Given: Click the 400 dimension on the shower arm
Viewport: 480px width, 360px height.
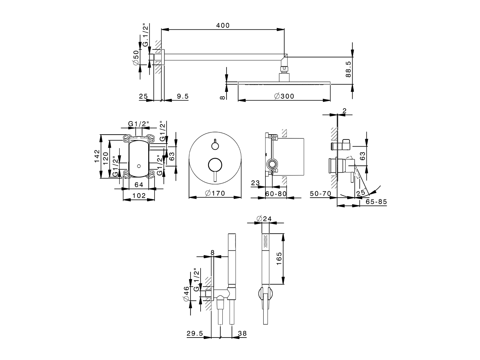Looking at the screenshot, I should tap(222, 25).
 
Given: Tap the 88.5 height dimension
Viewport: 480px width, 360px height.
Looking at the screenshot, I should tap(348, 69).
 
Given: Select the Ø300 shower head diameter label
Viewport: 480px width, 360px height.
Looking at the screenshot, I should tap(284, 96).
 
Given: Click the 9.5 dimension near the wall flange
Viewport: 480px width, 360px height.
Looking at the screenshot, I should tap(182, 96).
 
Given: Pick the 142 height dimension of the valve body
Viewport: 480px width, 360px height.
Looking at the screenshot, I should tap(96, 157).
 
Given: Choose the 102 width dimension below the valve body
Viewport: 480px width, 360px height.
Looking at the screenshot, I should tap(139, 195).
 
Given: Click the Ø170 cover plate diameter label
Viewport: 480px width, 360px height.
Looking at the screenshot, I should tap(215, 193).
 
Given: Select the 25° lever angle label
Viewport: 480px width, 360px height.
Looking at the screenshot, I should tap(361, 193).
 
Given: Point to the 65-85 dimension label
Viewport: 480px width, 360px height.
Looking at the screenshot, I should tap(376, 202).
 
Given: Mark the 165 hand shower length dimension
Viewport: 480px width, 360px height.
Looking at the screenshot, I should tap(279, 259).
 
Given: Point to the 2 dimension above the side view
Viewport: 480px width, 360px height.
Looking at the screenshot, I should tap(344, 110).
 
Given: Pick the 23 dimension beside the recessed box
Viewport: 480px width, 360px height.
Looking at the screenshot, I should tap(255, 183).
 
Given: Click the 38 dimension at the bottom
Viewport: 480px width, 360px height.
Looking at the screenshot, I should tap(242, 333).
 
